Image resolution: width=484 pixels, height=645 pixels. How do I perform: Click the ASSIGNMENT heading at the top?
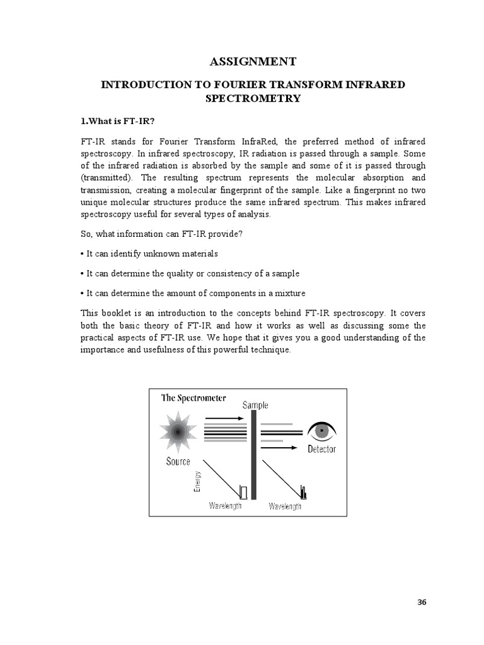coord(252,61)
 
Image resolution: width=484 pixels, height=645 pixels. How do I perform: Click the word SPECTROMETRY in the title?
coord(252,98)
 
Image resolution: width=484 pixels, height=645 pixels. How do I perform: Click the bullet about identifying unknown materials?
coord(149,253)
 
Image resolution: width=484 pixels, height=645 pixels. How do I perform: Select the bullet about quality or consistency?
coord(190,273)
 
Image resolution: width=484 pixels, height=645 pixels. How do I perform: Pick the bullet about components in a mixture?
coord(193,294)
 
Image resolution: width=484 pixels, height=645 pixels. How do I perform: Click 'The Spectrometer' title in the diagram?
coord(193,397)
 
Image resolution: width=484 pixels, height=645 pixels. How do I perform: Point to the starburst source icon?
coord(178,432)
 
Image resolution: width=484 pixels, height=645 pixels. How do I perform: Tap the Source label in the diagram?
coord(178,461)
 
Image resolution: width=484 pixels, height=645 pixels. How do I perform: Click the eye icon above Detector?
coord(321,431)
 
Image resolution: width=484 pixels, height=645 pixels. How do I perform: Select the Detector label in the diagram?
coord(321,449)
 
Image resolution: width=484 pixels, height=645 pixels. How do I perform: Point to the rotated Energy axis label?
coord(198,482)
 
